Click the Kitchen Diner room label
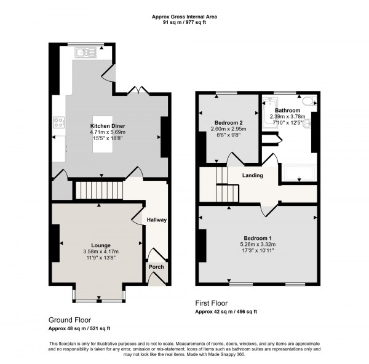pyautogui.click(x=108, y=126)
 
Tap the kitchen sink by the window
pyautogui.click(x=85, y=52)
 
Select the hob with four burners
pyautogui.click(x=59, y=122)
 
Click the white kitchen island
pyautogui.click(x=103, y=134)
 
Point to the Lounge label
pyautogui.click(x=101, y=245)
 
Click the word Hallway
pyautogui.click(x=157, y=220)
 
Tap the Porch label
pyautogui.click(x=156, y=267)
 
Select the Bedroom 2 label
pyautogui.click(x=229, y=123)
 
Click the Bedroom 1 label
pyautogui.click(x=258, y=238)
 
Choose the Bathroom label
pyautogui.click(x=288, y=110)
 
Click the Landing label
pyautogui.click(x=253, y=175)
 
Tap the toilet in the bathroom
pyautogui.click(x=309, y=101)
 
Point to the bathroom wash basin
pyautogui.click(x=307, y=124)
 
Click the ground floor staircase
pyautogui.click(x=99, y=190)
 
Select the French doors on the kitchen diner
pyautogui.click(x=138, y=91)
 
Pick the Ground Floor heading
pyautogui.click(x=69, y=320)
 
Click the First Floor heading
pyautogui.click(x=212, y=303)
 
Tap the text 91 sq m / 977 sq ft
pyautogui.click(x=184, y=23)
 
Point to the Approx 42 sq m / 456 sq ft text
pyautogui.click(x=226, y=312)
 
